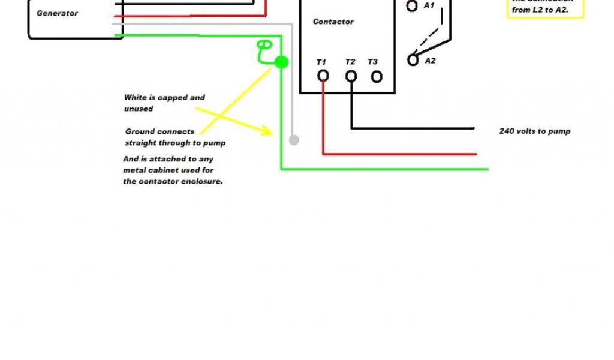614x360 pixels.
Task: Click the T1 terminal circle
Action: click(x=323, y=76)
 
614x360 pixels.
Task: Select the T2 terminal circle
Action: click(x=351, y=76)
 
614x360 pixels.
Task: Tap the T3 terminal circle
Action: click(x=377, y=76)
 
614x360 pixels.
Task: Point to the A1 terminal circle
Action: click(x=412, y=6)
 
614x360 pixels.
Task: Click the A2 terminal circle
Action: click(x=413, y=60)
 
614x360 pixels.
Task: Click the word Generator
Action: click(x=57, y=13)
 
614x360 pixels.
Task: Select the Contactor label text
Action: click(x=333, y=22)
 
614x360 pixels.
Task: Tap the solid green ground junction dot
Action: click(x=281, y=62)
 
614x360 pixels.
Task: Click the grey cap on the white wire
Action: click(x=293, y=140)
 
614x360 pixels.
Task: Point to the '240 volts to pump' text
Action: click(x=535, y=131)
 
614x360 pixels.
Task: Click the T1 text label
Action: click(x=321, y=62)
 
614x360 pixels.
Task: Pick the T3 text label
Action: click(x=373, y=62)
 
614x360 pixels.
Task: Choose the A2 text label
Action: click(x=430, y=61)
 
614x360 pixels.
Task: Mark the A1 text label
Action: click(x=429, y=5)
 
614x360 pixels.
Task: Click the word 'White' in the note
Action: click(x=135, y=97)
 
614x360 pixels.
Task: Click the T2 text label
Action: click(x=350, y=62)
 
